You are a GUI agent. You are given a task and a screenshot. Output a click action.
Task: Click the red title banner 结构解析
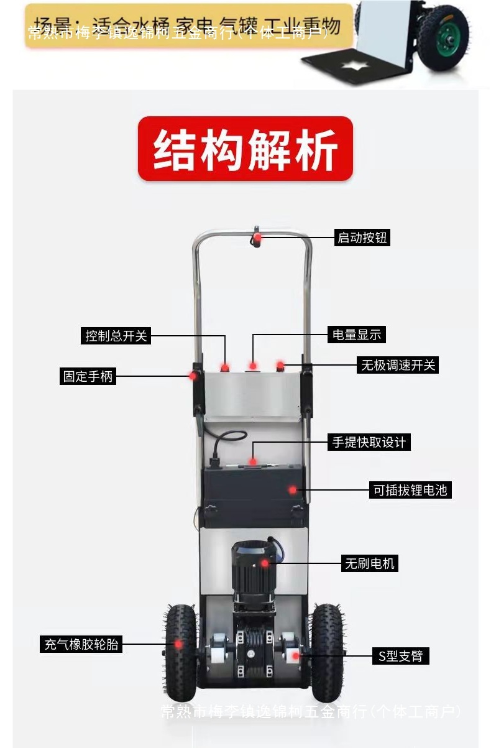245,149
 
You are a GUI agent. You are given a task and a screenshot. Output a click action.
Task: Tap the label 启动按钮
362,238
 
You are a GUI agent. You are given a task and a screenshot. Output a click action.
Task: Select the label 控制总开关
116,336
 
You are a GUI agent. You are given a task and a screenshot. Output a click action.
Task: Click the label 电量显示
357,335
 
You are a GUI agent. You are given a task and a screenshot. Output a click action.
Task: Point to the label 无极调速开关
398,365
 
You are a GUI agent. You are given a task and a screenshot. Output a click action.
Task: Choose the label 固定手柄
88,376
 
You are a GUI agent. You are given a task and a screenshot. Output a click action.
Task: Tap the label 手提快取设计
369,442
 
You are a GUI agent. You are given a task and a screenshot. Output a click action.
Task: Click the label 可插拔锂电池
410,490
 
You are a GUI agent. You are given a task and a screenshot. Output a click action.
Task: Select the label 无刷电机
370,563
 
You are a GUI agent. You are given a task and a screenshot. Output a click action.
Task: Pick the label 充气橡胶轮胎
80,644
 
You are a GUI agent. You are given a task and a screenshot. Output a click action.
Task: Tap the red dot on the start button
257,237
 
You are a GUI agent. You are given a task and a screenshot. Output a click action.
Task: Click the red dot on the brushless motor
265,563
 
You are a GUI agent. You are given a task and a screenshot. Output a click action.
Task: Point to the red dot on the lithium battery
292,490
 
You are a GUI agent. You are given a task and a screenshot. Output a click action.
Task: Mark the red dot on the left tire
178,644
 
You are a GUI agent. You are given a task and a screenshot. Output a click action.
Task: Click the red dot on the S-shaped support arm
296,655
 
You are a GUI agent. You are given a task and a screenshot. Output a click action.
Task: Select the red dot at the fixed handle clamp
193,376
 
